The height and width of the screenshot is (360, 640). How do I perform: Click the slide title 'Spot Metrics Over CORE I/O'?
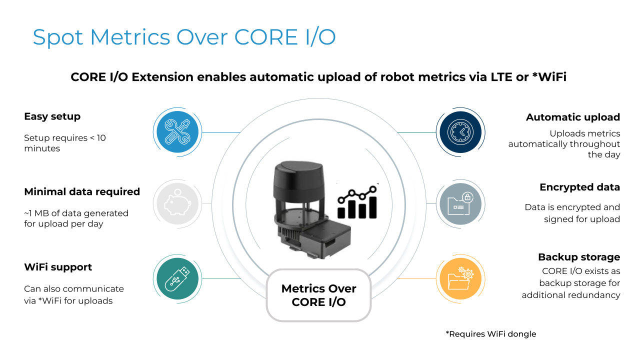point(184,37)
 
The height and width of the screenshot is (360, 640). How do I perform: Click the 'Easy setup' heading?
point(52,116)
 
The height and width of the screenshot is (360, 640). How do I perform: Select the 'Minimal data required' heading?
point(82,191)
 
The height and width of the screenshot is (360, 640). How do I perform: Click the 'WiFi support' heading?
point(58,267)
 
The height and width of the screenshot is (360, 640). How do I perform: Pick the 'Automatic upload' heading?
point(572,117)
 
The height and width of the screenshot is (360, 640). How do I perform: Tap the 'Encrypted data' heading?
point(579,187)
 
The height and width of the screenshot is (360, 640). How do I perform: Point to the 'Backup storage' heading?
point(578,257)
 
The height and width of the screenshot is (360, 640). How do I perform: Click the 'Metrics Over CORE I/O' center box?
point(318,295)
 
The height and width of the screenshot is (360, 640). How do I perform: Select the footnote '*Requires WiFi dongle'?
point(490,333)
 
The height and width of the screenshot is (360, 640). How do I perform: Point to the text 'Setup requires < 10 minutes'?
point(64,143)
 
